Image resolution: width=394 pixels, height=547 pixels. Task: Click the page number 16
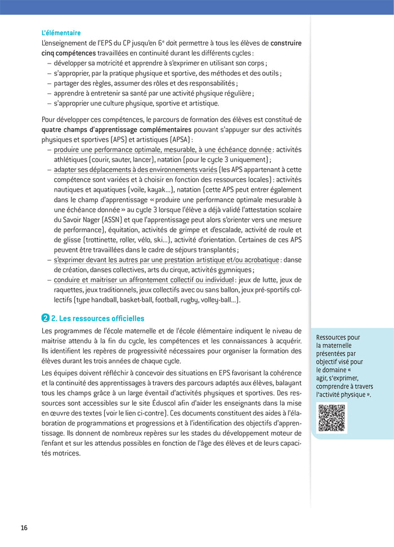pos(24,528)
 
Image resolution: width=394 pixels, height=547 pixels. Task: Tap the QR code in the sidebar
pos(332,417)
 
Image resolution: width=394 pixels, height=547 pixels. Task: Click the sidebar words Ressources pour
pos(338,337)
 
